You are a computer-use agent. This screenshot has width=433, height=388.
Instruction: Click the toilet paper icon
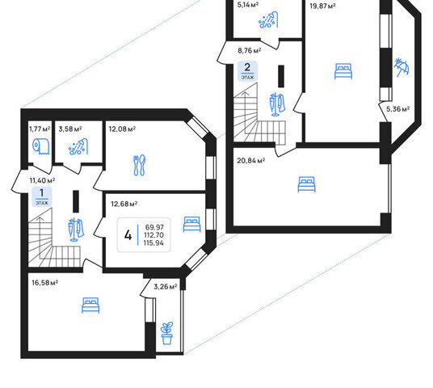(x=41, y=146)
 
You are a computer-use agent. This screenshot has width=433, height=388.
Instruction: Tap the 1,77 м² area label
(x=40, y=129)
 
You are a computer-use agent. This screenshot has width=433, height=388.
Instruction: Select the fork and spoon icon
(x=140, y=165)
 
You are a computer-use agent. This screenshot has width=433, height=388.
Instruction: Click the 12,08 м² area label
(x=122, y=129)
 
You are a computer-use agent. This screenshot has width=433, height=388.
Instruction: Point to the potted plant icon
(x=166, y=333)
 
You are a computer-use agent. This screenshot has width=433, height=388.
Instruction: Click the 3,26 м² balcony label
(x=165, y=287)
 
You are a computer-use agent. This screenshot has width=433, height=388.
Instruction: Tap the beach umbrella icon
(x=401, y=67)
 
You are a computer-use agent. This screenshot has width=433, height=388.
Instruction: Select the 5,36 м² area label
(x=397, y=109)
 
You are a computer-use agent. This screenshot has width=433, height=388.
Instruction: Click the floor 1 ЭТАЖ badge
(x=42, y=196)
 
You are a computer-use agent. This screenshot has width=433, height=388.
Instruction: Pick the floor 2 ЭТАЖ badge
(x=247, y=71)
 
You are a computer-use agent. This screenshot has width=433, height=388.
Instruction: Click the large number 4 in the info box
(x=128, y=235)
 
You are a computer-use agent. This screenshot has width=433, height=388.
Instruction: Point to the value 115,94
(x=153, y=243)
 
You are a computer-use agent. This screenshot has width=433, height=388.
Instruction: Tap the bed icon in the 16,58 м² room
(x=90, y=306)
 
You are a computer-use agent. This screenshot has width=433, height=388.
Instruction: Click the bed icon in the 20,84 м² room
(x=306, y=184)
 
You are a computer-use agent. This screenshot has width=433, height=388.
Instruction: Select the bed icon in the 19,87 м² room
(x=343, y=71)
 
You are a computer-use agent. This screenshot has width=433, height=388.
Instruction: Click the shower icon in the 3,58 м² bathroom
(x=78, y=146)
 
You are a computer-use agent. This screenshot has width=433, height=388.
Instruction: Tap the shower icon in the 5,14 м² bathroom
(x=268, y=19)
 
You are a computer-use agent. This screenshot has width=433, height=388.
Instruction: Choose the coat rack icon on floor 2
(x=277, y=104)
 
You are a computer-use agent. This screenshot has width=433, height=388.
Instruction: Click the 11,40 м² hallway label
(x=42, y=180)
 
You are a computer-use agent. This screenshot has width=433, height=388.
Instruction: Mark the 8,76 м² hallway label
(x=250, y=51)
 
